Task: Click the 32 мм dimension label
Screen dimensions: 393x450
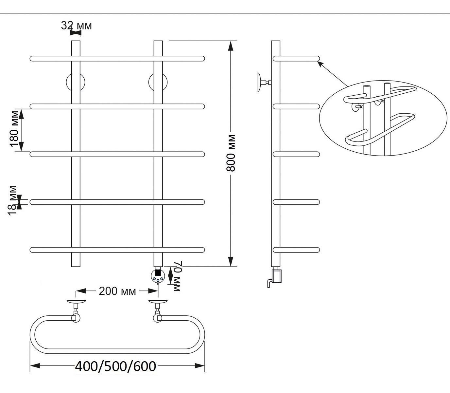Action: click(x=76, y=25)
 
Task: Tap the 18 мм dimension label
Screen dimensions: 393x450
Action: click(x=12, y=200)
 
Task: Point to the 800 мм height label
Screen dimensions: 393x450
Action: click(x=231, y=153)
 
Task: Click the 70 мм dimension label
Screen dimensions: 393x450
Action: click(x=177, y=276)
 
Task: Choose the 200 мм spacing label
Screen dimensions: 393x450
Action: click(x=117, y=291)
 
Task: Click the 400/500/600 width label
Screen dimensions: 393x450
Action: click(x=116, y=366)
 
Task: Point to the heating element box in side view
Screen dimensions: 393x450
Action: click(x=277, y=275)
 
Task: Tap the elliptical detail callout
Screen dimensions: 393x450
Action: click(x=383, y=118)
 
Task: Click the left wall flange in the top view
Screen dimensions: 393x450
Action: click(x=76, y=301)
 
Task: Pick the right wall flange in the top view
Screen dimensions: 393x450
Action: click(x=158, y=301)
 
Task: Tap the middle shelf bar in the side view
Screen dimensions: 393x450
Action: click(x=296, y=154)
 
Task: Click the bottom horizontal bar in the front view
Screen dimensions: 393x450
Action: click(x=117, y=250)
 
